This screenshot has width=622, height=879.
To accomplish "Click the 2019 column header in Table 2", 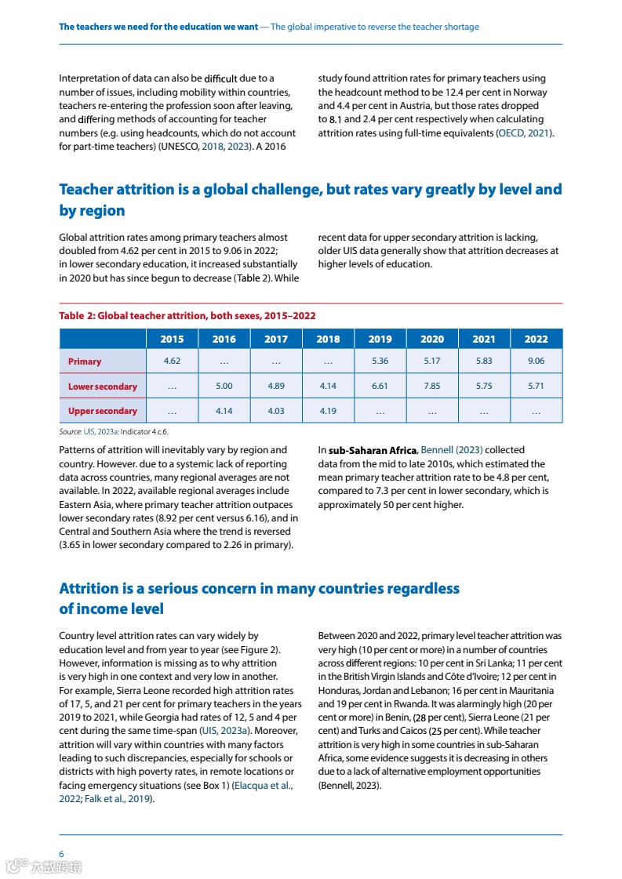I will [x=380, y=339].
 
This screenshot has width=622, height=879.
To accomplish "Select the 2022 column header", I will [x=536, y=339].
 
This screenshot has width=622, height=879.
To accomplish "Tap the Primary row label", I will [x=85, y=361].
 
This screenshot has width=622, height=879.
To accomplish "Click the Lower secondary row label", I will [x=103, y=387].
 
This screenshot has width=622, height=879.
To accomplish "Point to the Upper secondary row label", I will [x=103, y=411].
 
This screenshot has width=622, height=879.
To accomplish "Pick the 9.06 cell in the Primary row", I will [x=536, y=361].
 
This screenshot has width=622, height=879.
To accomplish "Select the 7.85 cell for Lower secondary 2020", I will [x=431, y=387].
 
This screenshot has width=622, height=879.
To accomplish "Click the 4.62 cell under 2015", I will [x=172, y=361].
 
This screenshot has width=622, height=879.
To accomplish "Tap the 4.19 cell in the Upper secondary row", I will [x=328, y=411].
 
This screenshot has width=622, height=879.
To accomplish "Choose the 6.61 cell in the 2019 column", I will [x=380, y=387].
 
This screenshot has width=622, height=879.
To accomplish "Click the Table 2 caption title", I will [x=187, y=315].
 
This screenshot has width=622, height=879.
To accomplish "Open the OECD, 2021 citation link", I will [x=525, y=133].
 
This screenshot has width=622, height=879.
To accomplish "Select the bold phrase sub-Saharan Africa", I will [x=373, y=450].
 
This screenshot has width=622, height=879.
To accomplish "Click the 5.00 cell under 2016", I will [x=224, y=387].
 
